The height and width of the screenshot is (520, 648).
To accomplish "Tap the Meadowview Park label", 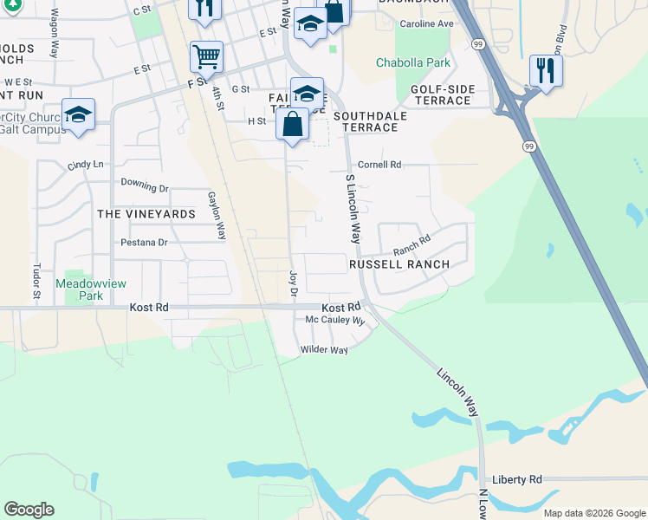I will tap(79, 289).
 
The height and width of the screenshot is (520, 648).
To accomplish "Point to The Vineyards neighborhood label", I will tap(146, 214).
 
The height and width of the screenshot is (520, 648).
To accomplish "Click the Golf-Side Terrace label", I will tap(440, 94).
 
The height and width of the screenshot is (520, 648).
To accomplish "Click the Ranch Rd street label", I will tap(411, 246).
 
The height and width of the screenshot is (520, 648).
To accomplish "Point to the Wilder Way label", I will tap(324, 350).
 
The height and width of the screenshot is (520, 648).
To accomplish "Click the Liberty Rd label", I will tap(516, 479).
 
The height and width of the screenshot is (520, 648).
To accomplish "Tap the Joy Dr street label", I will tap(292, 283).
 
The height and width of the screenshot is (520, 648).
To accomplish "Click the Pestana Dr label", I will tap(144, 243).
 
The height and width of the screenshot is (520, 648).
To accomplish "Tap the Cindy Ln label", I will tap(85, 165).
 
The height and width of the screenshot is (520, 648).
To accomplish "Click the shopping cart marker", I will tap(206, 58).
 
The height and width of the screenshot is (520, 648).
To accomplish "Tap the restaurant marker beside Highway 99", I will tap(546, 71).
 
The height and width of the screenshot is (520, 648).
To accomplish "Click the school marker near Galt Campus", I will tap(78, 115).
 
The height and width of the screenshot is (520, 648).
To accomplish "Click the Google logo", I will tap(29, 510).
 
